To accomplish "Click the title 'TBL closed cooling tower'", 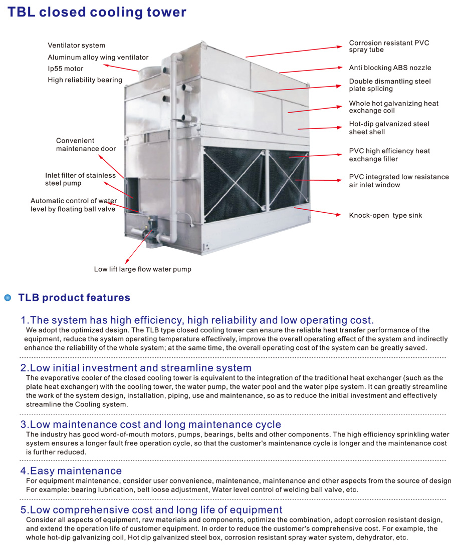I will (97, 12).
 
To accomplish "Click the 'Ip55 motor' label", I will (66, 69).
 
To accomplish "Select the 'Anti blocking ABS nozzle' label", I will (390, 68).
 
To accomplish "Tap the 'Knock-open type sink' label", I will (385, 215).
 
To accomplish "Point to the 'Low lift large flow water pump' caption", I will (142, 269).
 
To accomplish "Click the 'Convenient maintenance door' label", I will (86, 145).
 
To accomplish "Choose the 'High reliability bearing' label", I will (85, 80).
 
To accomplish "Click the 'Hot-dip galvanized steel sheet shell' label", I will (389, 128).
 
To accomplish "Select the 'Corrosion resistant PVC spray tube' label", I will (389, 47).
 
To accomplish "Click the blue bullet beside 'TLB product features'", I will (8, 298).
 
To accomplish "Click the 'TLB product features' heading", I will (74, 298).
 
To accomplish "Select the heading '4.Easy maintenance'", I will (71, 471).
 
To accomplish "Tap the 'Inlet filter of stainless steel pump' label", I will (80, 179).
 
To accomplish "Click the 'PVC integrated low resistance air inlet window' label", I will (399, 181).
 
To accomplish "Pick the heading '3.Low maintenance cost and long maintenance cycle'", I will (150, 425).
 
